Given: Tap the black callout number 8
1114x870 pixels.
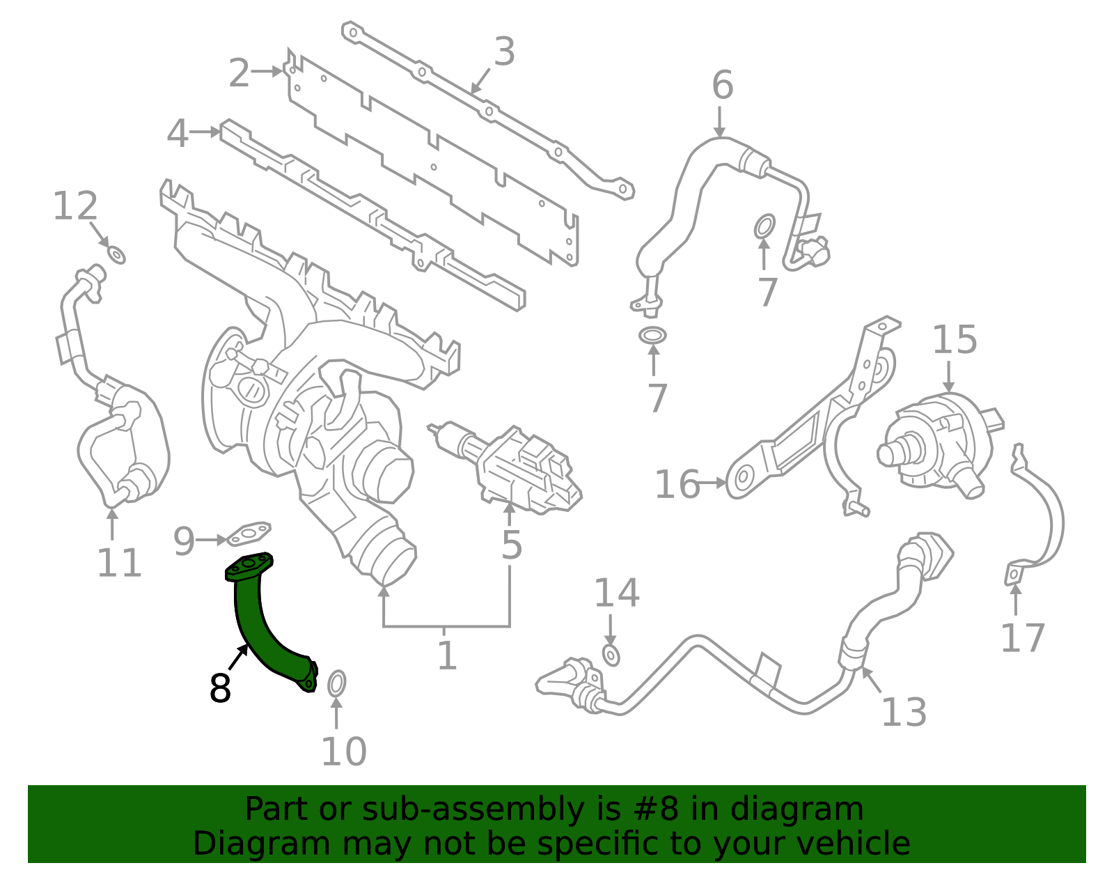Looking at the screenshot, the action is click(x=221, y=688).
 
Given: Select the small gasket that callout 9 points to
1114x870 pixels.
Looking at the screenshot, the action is click(x=249, y=534).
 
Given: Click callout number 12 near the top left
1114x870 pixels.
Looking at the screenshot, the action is click(x=75, y=205).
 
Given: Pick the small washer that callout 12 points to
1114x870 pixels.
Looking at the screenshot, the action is click(x=116, y=255).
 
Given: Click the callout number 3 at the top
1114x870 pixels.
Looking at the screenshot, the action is click(x=505, y=52).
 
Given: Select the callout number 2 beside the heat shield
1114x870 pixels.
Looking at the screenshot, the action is click(x=239, y=73).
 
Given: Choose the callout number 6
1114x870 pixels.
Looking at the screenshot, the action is click(x=722, y=84).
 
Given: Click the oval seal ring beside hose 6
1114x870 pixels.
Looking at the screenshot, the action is click(x=764, y=226).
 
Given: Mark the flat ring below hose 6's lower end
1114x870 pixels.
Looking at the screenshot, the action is click(x=652, y=335).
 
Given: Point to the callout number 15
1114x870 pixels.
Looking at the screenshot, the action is click(x=955, y=339).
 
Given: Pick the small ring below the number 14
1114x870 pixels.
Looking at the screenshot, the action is click(x=611, y=655).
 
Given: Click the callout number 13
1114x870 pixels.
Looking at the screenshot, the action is click(x=904, y=712).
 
